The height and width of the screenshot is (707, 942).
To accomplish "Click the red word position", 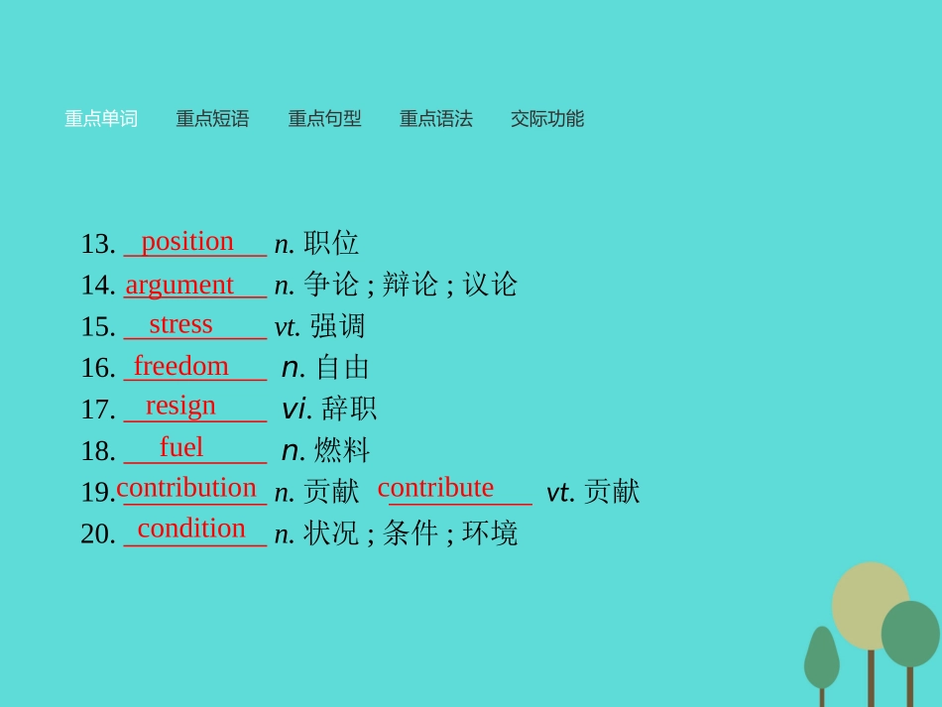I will [187, 241].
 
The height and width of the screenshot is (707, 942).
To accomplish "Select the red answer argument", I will [179, 285].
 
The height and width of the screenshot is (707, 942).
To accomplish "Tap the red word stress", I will [180, 324].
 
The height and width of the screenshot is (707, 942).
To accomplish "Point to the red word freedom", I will [181, 366].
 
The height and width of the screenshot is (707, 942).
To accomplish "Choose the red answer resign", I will [180, 406].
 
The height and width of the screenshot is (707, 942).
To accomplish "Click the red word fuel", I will [181, 447].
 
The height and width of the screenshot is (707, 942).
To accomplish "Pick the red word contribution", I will [186, 488].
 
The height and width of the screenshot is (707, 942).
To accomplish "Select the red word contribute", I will [435, 488].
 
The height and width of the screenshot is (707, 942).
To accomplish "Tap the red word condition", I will [191, 529].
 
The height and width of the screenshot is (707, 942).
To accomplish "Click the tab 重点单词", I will [101, 119].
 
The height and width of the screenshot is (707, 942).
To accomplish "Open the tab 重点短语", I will [212, 119].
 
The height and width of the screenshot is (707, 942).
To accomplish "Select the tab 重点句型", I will [324, 119].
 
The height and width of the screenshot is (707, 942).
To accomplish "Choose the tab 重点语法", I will [435, 119].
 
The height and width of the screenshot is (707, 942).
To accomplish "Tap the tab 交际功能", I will [547, 119].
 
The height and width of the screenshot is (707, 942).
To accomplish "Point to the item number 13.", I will [98, 244].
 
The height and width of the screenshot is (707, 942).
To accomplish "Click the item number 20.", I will [98, 534].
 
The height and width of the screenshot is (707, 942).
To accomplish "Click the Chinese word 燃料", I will [342, 450].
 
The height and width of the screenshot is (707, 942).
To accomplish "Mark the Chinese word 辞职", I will [349, 409].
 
